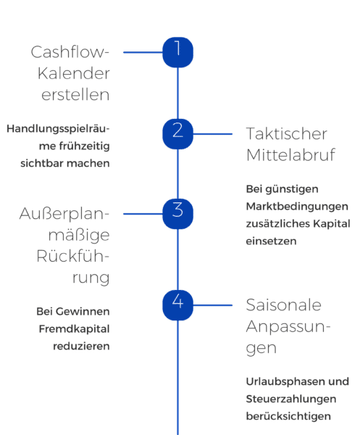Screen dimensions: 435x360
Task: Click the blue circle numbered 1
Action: pyautogui.click(x=178, y=51)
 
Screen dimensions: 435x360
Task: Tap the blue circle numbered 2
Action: pyautogui.click(x=178, y=131)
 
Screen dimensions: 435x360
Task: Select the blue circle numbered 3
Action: pyautogui.click(x=178, y=211)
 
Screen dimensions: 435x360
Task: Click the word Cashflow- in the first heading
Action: pyautogui.click(x=70, y=53)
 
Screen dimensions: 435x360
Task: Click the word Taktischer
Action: pyautogui.click(x=287, y=134)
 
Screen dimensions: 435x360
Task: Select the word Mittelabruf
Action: pyautogui.click(x=290, y=154)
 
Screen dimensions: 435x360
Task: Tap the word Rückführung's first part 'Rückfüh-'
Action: pyautogui.click(x=73, y=257)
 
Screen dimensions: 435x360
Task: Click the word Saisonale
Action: pyautogui.click(x=283, y=304)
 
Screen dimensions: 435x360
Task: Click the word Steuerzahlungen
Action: pyautogui.click(x=298, y=399)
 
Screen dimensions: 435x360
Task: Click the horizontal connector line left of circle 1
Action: pyautogui.click(x=143, y=52)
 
